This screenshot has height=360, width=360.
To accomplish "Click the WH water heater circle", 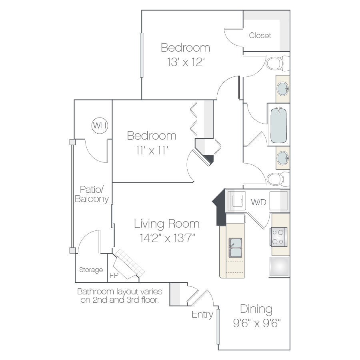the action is [x=100, y=125].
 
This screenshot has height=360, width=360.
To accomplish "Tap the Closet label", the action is [x=260, y=35].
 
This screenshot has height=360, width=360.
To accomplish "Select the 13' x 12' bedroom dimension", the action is [x=186, y=62].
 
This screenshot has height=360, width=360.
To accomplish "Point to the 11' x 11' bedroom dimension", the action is [x=152, y=150].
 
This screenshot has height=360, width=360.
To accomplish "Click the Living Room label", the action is [x=167, y=224].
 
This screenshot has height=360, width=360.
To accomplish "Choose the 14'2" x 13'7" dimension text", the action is [x=167, y=238].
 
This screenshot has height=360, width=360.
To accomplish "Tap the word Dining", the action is [x=256, y=309].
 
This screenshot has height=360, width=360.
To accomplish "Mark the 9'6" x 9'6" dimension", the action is [x=257, y=323].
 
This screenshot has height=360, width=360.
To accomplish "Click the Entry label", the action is [x=202, y=314].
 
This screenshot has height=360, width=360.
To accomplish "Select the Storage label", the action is [x=91, y=270].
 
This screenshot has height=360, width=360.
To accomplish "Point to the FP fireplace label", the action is [x=114, y=275].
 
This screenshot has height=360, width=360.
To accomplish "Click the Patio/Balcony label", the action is [x=92, y=194].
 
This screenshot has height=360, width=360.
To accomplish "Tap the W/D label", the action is [x=258, y=202].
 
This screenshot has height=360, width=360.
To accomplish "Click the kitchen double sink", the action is [x=235, y=248].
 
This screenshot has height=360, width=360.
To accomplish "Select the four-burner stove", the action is [x=278, y=237].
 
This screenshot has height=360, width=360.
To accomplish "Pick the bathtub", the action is [x=278, y=125].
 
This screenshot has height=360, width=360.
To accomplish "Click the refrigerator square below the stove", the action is [x=279, y=266].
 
